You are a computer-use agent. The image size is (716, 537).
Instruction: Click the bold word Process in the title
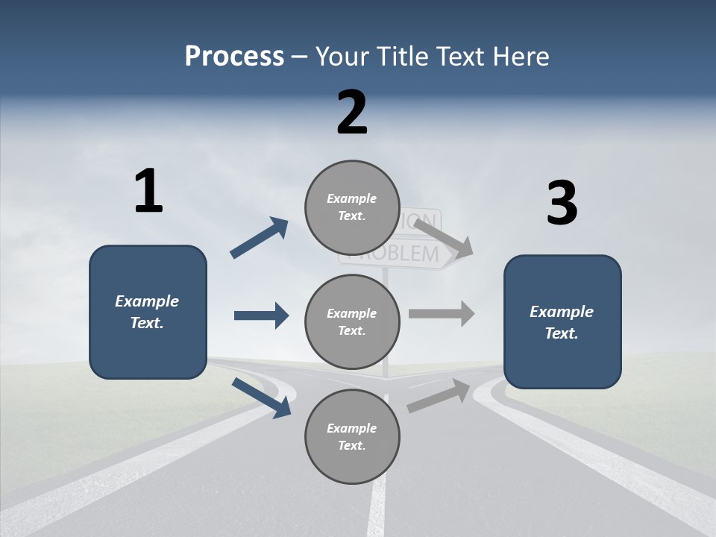(234, 57)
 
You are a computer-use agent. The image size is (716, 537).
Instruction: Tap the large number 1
(148, 192)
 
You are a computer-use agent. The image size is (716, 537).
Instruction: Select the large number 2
(352, 113)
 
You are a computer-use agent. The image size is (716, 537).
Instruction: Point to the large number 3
(562, 204)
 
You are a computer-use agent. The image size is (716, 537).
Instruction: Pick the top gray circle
(352, 207)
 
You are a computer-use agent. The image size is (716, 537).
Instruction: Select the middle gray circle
(352, 321)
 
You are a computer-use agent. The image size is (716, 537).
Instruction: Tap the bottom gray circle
(352, 436)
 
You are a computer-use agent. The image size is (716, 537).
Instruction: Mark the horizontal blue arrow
(261, 315)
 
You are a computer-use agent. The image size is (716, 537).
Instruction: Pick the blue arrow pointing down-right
(261, 398)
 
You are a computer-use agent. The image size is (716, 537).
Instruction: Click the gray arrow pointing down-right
(443, 238)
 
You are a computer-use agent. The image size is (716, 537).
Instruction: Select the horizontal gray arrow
(442, 313)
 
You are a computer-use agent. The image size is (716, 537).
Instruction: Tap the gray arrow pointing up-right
(439, 395)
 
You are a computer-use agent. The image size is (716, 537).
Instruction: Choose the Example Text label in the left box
(147, 312)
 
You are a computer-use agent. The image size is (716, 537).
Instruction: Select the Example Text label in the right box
(562, 322)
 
